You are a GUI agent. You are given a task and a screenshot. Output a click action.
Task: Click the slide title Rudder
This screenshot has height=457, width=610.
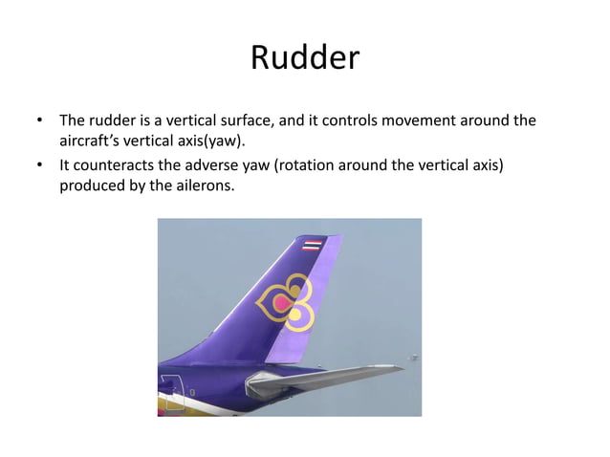[304, 59]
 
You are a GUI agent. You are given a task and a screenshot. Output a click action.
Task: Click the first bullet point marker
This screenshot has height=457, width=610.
[40, 122]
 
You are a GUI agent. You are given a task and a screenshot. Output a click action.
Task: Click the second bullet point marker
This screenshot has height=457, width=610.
[40, 165]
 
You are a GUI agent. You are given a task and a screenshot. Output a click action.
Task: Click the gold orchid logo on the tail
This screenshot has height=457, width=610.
[284, 304]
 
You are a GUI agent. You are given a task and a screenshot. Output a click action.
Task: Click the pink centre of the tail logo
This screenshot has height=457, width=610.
[280, 304]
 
